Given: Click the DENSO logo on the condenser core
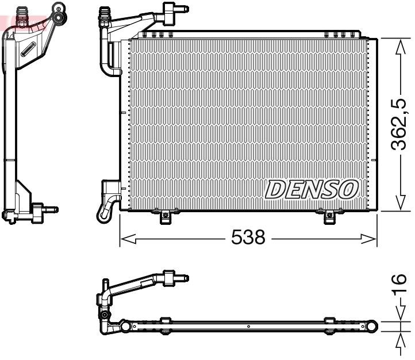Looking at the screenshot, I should [x=312, y=189].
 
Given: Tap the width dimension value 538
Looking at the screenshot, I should [x=248, y=237].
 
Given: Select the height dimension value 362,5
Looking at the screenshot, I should [x=399, y=123].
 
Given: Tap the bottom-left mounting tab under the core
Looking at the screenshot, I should [x=166, y=216].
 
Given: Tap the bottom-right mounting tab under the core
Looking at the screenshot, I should [x=329, y=216].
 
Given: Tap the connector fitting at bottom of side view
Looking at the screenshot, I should [x=40, y=210].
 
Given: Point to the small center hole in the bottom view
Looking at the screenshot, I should [x=248, y=327].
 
